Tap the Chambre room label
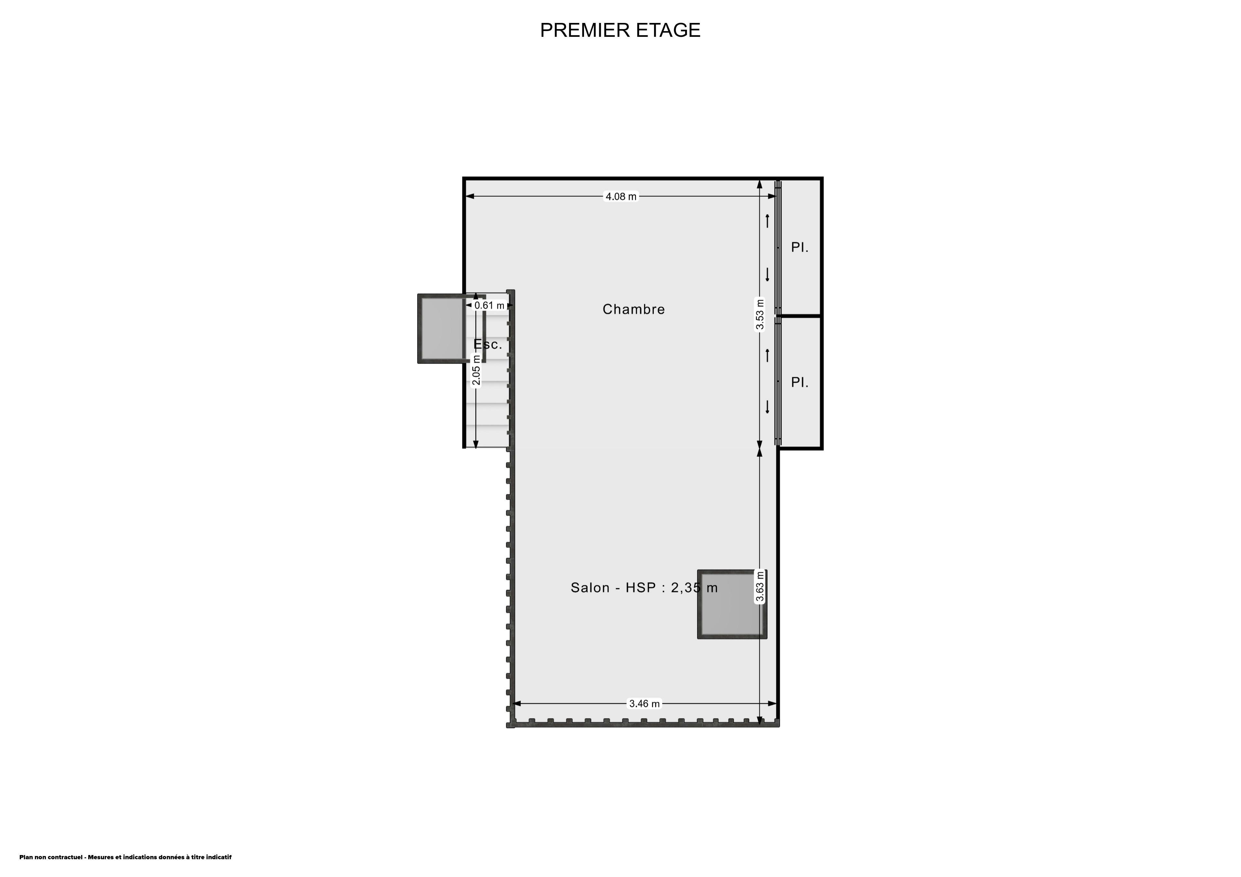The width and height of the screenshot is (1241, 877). [x=633, y=309]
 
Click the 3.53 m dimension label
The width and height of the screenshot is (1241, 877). [x=759, y=314]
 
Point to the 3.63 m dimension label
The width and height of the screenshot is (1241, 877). [x=759, y=586]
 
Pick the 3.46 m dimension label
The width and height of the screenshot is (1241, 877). [x=644, y=704]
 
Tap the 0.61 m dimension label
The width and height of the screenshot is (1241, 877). [x=489, y=305]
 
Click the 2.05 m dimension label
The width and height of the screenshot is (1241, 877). [x=476, y=370]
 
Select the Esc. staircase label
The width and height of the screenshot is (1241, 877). [x=488, y=344]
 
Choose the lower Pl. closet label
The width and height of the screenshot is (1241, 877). [x=800, y=382]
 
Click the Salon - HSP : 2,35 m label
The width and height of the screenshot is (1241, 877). [x=644, y=587]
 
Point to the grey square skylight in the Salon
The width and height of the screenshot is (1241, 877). [x=732, y=604]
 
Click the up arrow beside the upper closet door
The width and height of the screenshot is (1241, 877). [x=767, y=221]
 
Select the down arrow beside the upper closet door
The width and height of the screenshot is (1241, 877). [x=767, y=275]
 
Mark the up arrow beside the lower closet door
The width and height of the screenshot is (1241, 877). [x=767, y=356]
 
